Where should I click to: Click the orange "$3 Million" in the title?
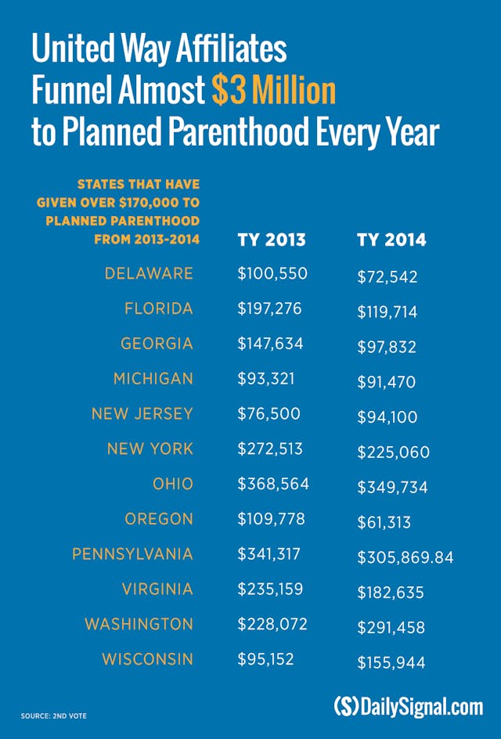click(273, 92)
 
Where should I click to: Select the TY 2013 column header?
click(271, 240)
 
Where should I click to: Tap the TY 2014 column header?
click(391, 240)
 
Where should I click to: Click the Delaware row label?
click(148, 273)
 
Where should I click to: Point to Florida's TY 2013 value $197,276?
click(269, 308)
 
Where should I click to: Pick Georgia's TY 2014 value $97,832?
click(387, 348)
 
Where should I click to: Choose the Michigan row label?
click(153, 379)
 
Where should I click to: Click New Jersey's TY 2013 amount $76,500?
click(269, 414)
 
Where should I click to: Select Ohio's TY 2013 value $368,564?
click(273, 485)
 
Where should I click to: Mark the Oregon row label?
click(158, 519)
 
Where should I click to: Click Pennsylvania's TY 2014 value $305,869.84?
click(405, 558)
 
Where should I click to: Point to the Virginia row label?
click(157, 589)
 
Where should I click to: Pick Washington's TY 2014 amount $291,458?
click(392, 628)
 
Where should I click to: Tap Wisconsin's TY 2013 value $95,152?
click(265, 659)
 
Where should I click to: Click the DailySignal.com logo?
click(408, 706)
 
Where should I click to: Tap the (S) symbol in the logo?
click(346, 706)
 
